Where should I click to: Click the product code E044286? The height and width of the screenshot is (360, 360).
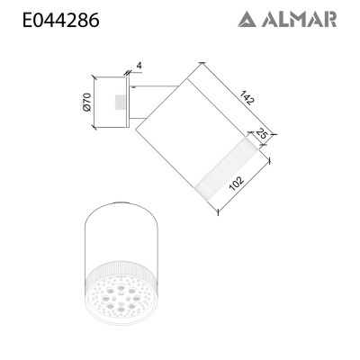click(x=60, y=19)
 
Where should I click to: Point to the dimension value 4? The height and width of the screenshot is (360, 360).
click(x=139, y=66)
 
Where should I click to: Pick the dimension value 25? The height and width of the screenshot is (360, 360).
click(x=263, y=135)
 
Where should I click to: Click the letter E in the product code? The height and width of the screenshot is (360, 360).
click(x=26, y=19)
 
